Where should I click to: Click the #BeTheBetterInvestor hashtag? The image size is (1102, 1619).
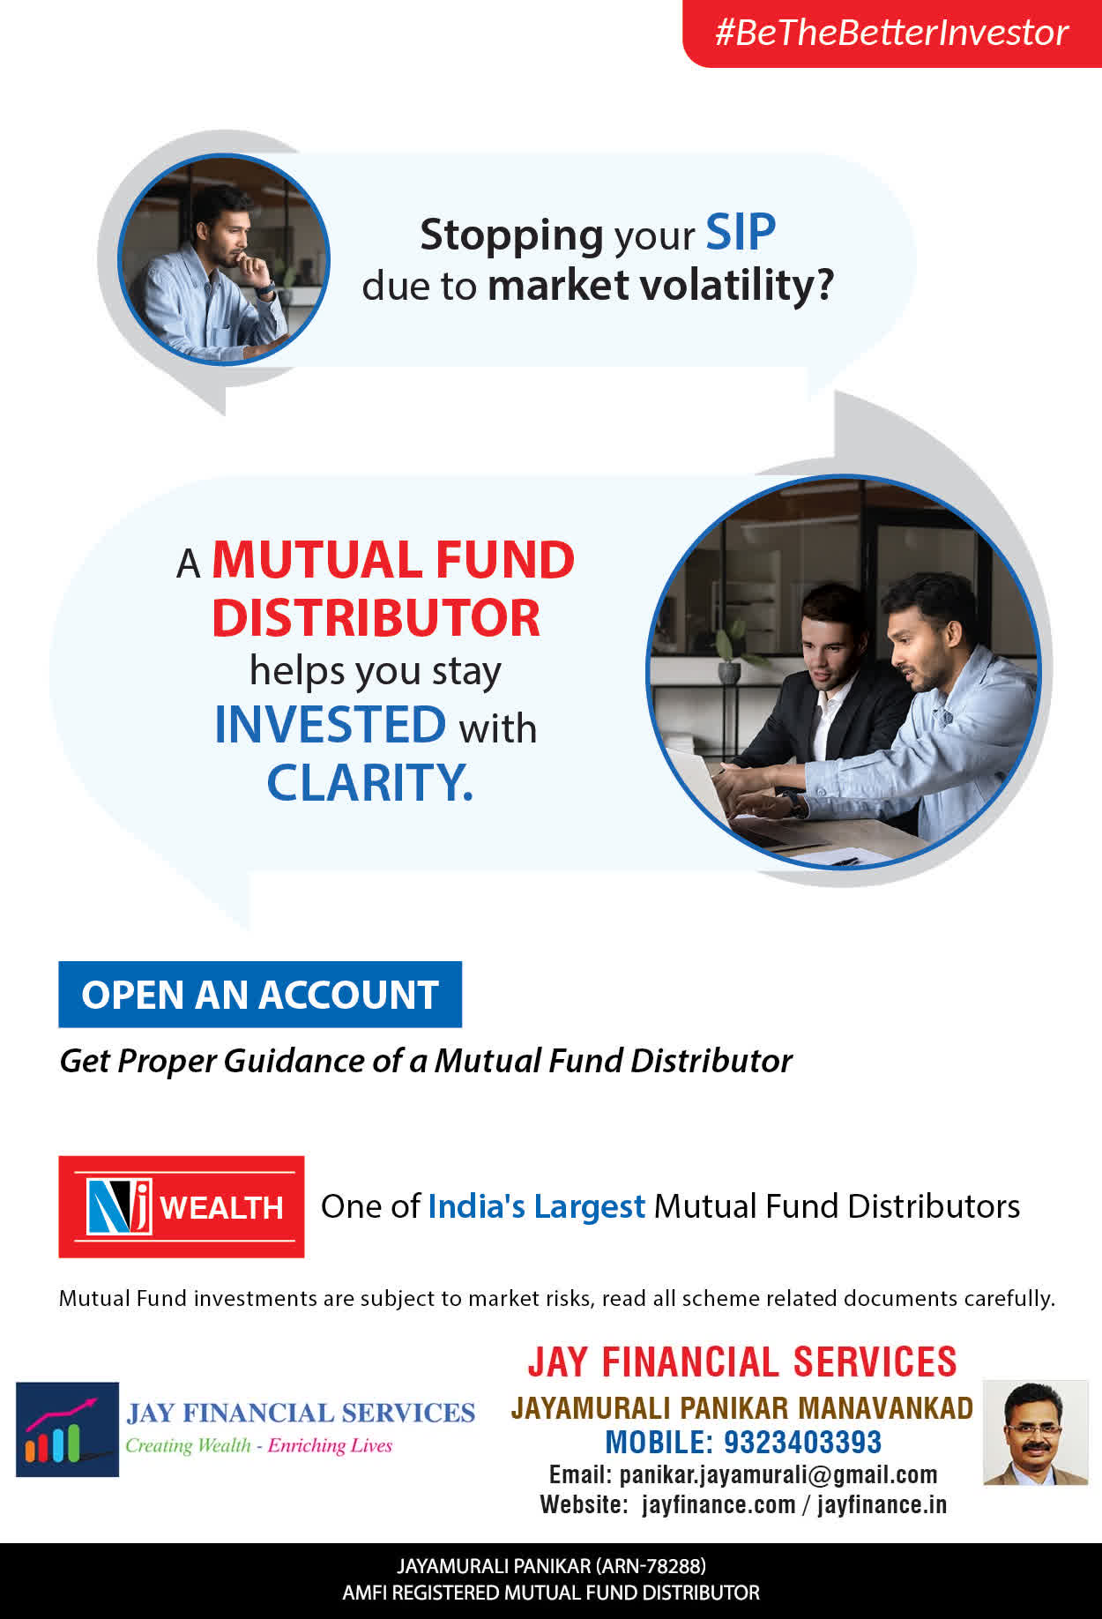click(891, 33)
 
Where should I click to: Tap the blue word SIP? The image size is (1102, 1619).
click(741, 233)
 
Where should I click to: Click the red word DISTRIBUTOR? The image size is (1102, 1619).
click(376, 617)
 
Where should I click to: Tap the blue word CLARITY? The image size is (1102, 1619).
click(370, 782)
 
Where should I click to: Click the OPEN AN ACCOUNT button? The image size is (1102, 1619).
click(260, 995)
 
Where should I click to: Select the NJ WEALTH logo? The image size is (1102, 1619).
click(182, 1206)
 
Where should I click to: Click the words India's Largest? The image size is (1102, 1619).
click(536, 1206)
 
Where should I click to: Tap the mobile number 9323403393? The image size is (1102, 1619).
click(802, 1442)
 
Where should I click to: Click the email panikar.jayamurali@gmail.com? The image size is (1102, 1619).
click(778, 1474)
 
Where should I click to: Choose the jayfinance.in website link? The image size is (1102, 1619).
click(882, 1504)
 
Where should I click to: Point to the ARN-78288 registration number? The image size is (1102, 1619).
click(651, 1566)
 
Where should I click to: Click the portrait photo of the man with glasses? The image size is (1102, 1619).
click(1036, 1433)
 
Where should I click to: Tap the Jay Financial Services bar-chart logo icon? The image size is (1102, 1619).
click(67, 1429)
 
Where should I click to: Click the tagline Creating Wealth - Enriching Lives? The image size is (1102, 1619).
click(258, 1445)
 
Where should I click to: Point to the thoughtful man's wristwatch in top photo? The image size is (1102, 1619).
click(266, 288)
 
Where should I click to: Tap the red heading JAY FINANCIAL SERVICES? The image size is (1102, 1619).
click(742, 1362)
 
